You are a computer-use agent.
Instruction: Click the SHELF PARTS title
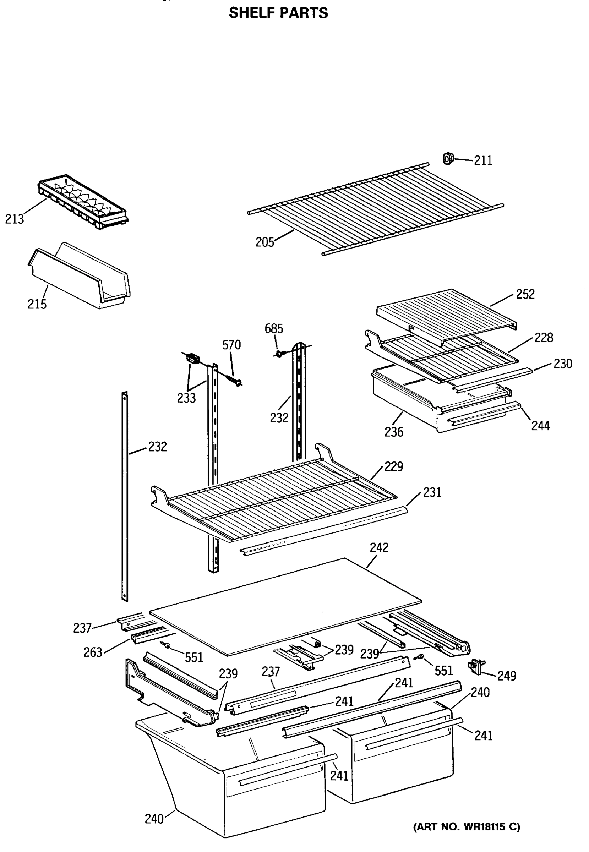tap(278, 13)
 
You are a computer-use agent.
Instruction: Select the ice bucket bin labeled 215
tap(79, 277)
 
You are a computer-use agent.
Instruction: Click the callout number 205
tap(264, 242)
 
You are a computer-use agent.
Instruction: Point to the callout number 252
tap(525, 294)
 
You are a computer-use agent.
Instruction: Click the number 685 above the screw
tap(273, 328)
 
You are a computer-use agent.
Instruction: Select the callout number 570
tap(231, 345)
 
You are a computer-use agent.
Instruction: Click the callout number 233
tap(186, 398)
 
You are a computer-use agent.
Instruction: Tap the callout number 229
tap(393, 466)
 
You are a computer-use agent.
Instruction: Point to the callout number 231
tap(432, 492)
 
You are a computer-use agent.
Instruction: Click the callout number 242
tap(379, 547)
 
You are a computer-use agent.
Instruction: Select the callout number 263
tap(93, 652)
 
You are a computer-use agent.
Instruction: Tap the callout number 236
tap(394, 432)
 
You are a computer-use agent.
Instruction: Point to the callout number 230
tap(563, 364)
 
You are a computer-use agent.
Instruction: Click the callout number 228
tap(544, 337)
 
